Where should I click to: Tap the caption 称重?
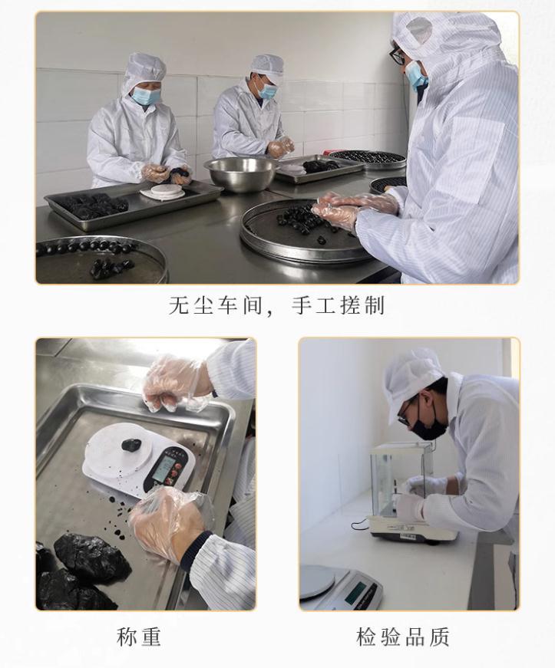(138, 637)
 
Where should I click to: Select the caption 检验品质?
(403, 637)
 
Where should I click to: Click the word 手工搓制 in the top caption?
(338, 305)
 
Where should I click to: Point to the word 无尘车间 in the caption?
(215, 305)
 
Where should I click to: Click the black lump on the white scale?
(131, 445)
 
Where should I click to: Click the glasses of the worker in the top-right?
(398, 55)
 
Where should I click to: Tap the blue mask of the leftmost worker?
(145, 96)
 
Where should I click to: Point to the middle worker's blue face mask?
(268, 90)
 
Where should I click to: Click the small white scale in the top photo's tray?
(162, 191)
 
